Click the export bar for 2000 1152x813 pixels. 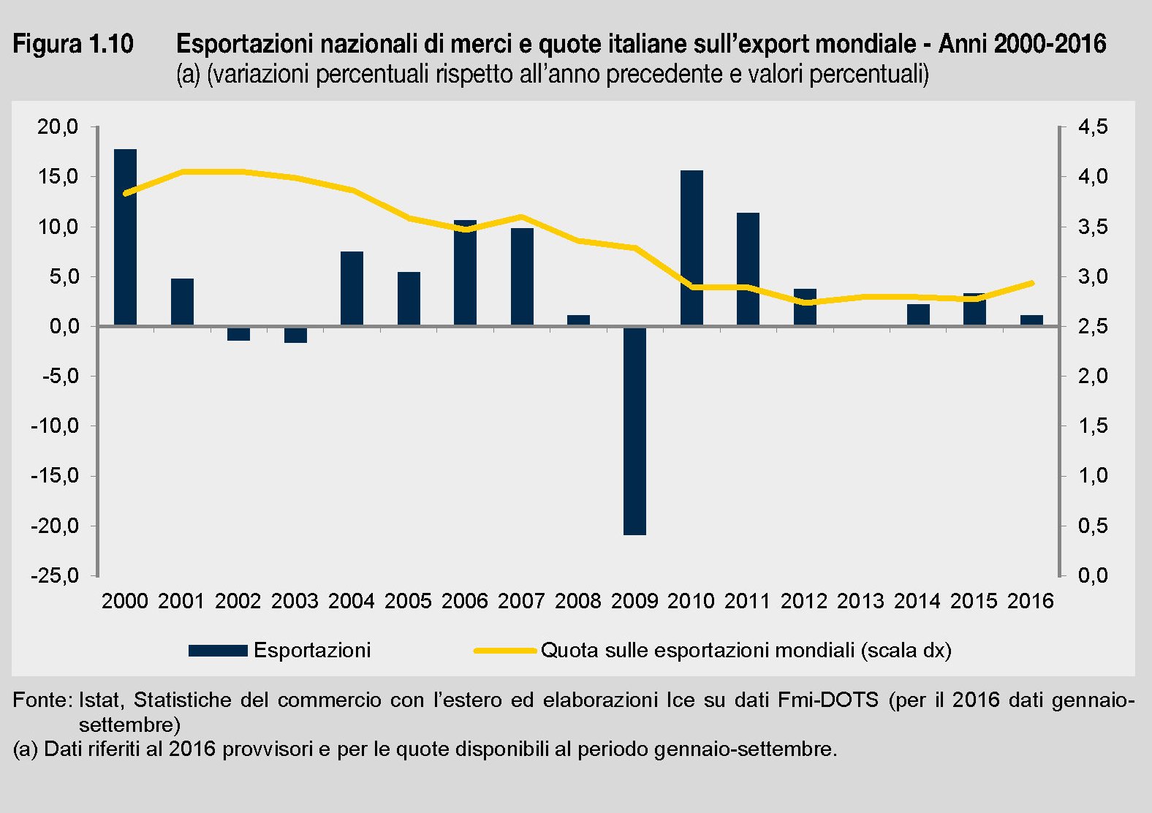pyautogui.click(x=125, y=237)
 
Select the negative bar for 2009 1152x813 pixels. pyautogui.click(x=634, y=431)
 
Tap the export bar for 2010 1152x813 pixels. pyautogui.click(x=691, y=248)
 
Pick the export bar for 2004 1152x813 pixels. pyautogui.click(x=352, y=288)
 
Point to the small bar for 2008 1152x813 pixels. pyautogui.click(x=578, y=320)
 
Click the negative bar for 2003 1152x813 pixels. pyautogui.click(x=295, y=334)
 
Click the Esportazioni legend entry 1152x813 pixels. pyautogui.click(x=312, y=650)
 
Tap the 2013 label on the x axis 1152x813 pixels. pyautogui.click(x=860, y=601)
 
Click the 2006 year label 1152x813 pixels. pyautogui.click(x=464, y=601)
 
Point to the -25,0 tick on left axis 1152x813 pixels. pyautogui.click(x=54, y=575)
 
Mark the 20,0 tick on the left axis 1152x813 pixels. pyautogui.click(x=57, y=127)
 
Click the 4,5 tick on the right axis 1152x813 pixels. pyautogui.click(x=1093, y=127)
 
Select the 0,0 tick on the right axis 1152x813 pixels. pyautogui.click(x=1093, y=575)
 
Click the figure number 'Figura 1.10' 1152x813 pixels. pyautogui.click(x=73, y=45)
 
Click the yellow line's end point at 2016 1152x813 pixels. pyautogui.click(x=1031, y=283)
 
